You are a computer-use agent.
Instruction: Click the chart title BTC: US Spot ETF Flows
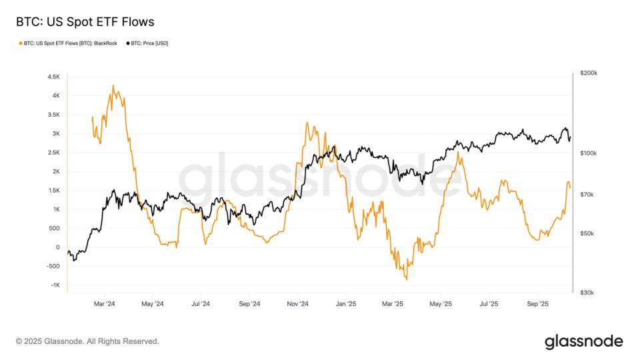(85, 22)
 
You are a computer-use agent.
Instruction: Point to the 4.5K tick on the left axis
(53, 77)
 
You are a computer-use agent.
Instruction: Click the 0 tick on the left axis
(57, 247)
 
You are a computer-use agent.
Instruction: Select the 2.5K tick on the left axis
(53, 153)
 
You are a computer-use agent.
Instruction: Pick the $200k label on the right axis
(589, 73)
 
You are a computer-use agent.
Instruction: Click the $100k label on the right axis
(589, 153)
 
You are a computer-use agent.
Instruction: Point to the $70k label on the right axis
(588, 195)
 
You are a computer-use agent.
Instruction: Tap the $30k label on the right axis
(588, 293)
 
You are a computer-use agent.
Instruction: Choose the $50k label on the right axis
(588, 233)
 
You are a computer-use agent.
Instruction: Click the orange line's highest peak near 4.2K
(113, 85)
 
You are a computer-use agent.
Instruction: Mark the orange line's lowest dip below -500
(406, 279)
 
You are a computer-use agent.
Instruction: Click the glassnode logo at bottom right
(583, 341)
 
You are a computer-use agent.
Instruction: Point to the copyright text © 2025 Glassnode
(87, 341)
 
